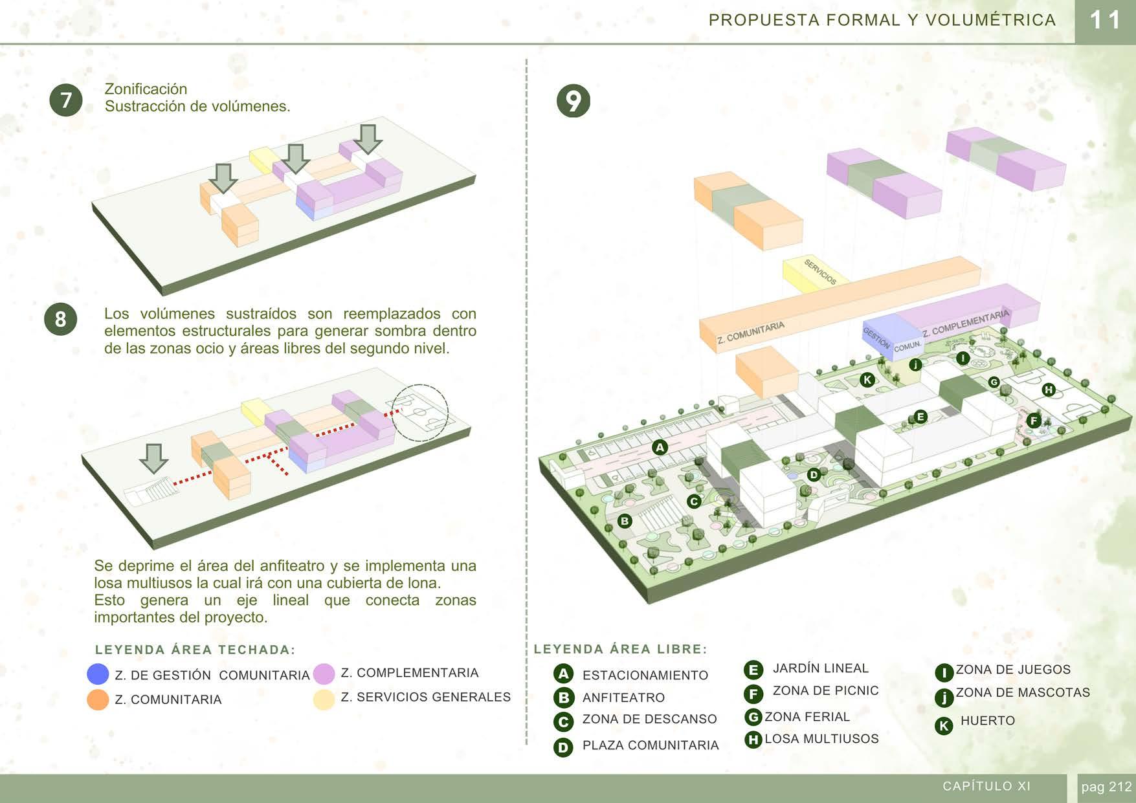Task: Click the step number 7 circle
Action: click(66, 100)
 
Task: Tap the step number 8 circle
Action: click(60, 319)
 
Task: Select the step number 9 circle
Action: click(574, 101)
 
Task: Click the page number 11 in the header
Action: click(1105, 21)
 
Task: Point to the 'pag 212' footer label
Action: click(1106, 787)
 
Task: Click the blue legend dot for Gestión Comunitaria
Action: click(98, 674)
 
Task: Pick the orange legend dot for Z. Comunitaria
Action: click(98, 699)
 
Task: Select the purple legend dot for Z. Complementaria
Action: click(324, 674)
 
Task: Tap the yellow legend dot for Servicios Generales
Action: click(324, 699)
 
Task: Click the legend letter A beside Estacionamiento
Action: click(564, 674)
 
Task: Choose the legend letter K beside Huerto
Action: click(944, 725)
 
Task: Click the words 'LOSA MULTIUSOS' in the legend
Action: click(821, 739)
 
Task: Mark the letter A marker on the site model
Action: click(660, 447)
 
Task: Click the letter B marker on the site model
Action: click(625, 521)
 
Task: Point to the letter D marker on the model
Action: click(814, 475)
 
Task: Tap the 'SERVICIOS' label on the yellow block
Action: click(820, 272)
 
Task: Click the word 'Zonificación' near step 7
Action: click(146, 89)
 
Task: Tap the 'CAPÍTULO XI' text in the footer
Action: click(986, 786)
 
